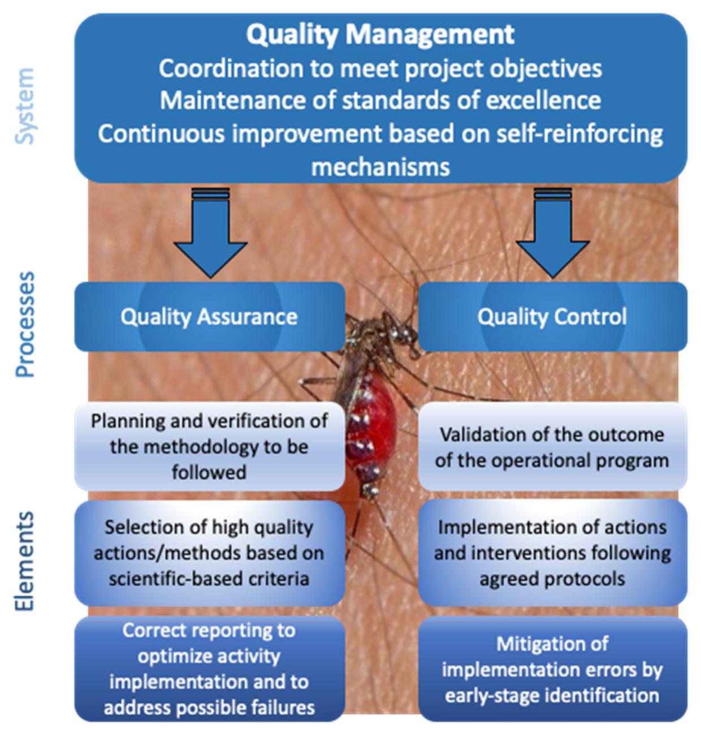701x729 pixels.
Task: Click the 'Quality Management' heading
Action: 380,34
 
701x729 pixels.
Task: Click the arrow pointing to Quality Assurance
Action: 210,238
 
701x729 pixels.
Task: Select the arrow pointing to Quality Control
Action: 552,238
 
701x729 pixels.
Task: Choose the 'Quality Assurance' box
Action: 209,317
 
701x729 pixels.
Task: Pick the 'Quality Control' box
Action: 552,317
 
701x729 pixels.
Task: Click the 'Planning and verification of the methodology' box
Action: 209,446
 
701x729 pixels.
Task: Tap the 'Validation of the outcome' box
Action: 552,447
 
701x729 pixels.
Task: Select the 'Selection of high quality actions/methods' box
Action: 209,553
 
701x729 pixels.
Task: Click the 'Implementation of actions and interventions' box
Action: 552,553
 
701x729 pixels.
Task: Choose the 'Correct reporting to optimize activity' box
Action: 209,668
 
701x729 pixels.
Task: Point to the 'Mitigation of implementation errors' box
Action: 552,669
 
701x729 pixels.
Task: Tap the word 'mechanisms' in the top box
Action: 380,167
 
